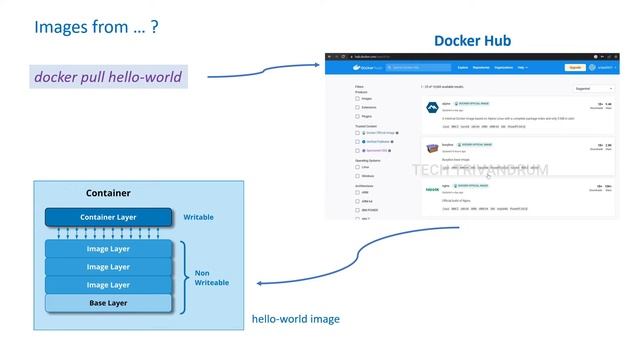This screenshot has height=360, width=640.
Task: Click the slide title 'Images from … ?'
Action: [96, 27]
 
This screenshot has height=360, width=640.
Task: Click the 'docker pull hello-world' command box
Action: [108, 76]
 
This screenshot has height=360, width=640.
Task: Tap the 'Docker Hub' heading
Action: [472, 41]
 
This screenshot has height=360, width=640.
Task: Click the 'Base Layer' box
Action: [109, 303]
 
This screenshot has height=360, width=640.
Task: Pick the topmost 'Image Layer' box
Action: [109, 249]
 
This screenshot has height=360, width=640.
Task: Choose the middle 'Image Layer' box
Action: [109, 267]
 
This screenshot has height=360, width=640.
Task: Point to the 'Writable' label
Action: [198, 217]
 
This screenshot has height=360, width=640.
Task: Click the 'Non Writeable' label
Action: [211, 276]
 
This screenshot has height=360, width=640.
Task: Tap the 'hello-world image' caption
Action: [295, 319]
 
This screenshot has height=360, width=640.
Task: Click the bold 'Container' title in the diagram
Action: [108, 193]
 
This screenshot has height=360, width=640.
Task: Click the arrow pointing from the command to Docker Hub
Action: [264, 71]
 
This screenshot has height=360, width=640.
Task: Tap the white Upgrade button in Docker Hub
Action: [575, 67]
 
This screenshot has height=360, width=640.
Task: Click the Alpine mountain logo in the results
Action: [432, 105]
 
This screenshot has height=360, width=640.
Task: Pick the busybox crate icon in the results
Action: [433, 147]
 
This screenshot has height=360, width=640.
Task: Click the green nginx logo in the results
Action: [433, 189]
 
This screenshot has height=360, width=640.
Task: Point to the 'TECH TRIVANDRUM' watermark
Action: [480, 170]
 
